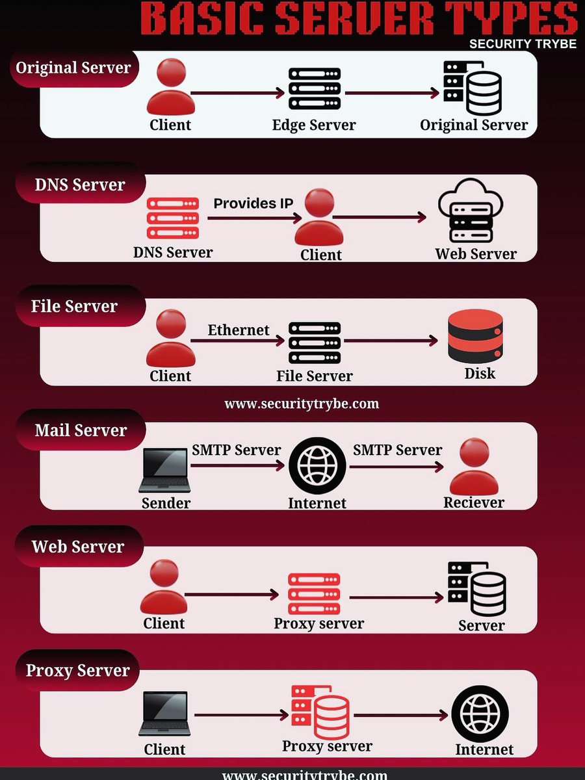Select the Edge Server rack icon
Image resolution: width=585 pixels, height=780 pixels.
315,89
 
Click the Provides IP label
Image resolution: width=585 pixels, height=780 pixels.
253,203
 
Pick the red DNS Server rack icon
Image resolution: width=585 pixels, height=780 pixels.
173,218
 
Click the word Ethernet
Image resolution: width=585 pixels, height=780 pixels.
239,330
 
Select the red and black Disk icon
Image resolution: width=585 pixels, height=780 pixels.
476,336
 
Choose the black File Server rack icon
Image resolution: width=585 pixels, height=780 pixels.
315,343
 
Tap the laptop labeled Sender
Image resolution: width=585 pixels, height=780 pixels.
165,471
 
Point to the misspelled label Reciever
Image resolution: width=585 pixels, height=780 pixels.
474,502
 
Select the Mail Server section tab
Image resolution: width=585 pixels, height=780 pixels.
81,430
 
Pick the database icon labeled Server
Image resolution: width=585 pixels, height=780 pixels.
477,589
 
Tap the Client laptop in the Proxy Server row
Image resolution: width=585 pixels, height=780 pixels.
165,714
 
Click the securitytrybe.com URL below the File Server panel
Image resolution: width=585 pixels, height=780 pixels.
302,404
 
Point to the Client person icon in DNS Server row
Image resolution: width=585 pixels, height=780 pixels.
318,217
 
